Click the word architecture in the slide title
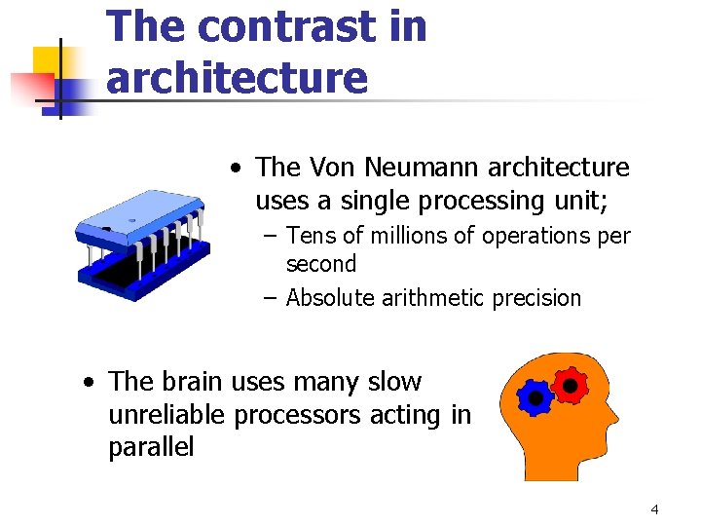point(237,77)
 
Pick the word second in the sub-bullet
point(321,264)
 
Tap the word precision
point(536,298)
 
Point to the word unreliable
point(170,415)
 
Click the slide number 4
point(654,509)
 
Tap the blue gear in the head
point(535,398)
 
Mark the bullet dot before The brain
point(89,382)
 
